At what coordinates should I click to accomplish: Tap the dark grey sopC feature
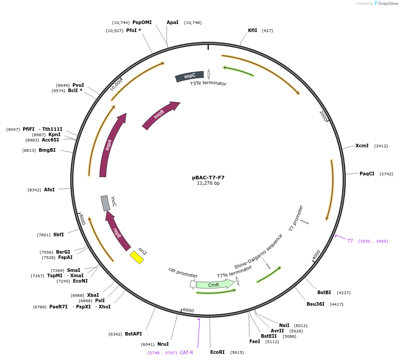point(190,76)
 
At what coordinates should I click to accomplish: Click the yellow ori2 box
point(137,257)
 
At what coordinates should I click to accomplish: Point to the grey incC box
point(105,203)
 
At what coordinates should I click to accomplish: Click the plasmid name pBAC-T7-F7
point(208,178)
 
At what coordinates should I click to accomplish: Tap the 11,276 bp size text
point(208,183)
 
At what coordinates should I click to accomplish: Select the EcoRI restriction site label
point(218,352)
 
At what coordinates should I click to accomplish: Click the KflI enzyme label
point(252,31)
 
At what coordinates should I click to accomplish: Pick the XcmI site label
point(362,146)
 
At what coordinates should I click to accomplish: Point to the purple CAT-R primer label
point(187,352)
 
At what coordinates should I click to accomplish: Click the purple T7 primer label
point(350,241)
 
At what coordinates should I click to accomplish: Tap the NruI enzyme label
point(163,344)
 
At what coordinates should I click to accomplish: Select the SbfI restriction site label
point(59,235)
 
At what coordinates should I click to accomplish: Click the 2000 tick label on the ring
point(324,116)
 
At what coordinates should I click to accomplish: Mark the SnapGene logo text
point(387,4)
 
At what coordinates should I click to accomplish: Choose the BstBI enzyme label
point(324,292)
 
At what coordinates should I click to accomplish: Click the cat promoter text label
point(183,272)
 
